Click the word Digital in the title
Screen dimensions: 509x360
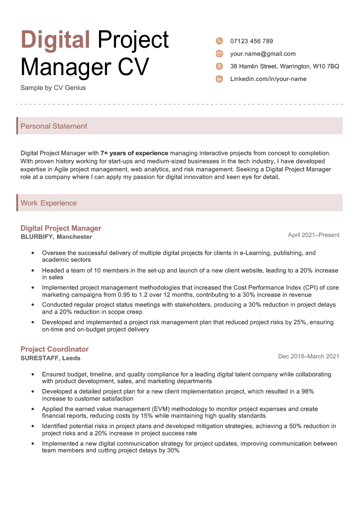click(55, 40)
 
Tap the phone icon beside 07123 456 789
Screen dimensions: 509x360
click(219, 41)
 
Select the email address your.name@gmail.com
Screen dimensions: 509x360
click(263, 54)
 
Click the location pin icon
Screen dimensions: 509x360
click(219, 67)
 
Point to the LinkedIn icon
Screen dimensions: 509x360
click(219, 79)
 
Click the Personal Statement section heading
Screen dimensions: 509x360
click(54, 126)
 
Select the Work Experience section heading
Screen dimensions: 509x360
click(49, 203)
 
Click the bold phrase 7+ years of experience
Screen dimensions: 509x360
click(134, 153)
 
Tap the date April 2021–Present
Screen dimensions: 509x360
click(314, 235)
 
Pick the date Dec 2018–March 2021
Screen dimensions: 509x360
click(309, 357)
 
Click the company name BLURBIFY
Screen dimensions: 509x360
click(37, 237)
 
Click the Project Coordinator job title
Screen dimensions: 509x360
click(54, 349)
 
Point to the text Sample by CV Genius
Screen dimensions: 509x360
click(53, 88)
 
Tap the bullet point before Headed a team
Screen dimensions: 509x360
click(33, 271)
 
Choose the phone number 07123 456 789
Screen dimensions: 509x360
click(252, 41)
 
